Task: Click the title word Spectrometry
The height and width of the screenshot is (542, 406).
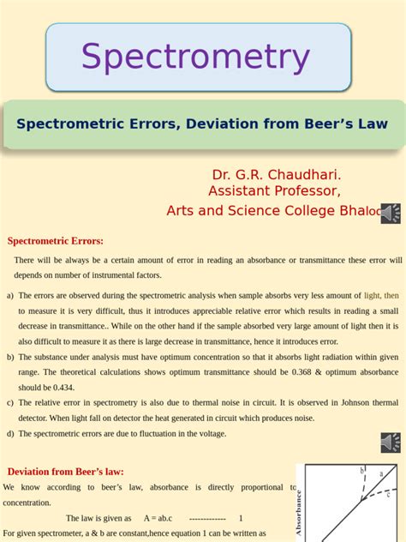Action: pyautogui.click(x=195, y=57)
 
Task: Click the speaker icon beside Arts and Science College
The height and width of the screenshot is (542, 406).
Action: pyautogui.click(x=391, y=214)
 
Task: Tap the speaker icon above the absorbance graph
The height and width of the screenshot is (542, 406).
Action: pyautogui.click(x=391, y=443)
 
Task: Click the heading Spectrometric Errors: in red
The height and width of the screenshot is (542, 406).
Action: pyautogui.click(x=56, y=241)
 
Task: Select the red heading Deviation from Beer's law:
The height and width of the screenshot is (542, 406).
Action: pyautogui.click(x=66, y=472)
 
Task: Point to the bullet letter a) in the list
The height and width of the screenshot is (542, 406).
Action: pyautogui.click(x=10, y=296)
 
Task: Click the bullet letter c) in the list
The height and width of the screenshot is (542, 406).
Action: pyautogui.click(x=10, y=403)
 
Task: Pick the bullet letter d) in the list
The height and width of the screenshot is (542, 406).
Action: pyautogui.click(x=10, y=434)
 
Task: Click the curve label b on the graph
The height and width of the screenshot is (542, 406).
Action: pyautogui.click(x=361, y=471)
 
